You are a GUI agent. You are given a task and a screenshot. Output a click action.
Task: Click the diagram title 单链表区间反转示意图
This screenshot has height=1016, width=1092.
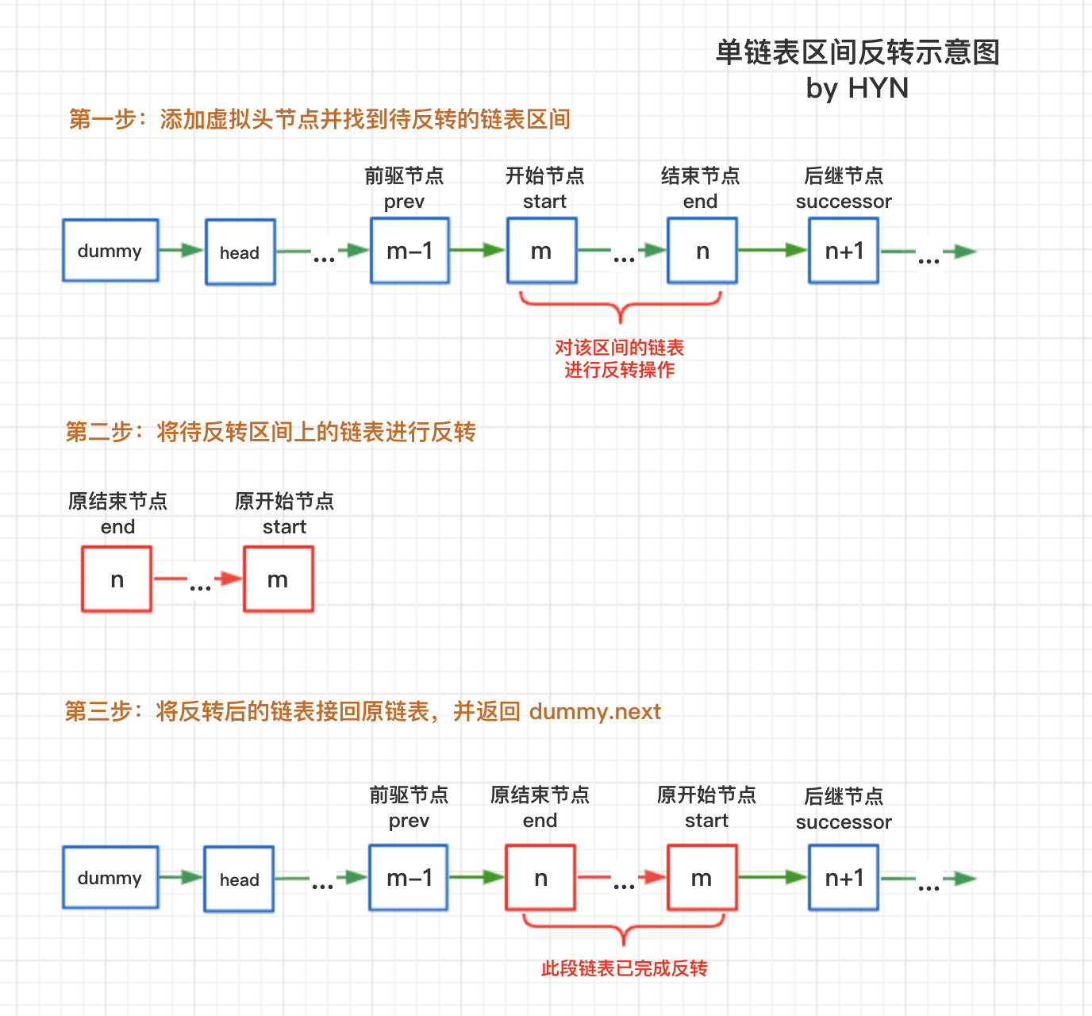[856, 53]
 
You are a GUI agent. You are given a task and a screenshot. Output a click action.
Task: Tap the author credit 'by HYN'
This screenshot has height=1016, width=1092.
[856, 88]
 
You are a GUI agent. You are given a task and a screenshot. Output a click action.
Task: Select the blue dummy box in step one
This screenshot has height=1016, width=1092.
[110, 250]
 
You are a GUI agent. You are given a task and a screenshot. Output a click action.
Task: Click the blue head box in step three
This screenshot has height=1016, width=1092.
[239, 879]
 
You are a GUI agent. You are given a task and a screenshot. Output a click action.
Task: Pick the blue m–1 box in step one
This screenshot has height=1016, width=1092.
[409, 250]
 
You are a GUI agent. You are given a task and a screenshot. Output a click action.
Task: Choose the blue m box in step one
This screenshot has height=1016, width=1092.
[541, 250]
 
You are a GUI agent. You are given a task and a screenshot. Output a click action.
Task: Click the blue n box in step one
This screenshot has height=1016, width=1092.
[702, 250]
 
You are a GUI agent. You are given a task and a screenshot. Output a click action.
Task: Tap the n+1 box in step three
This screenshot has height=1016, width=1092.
[844, 877]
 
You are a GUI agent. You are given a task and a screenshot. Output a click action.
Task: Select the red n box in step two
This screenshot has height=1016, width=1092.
[117, 579]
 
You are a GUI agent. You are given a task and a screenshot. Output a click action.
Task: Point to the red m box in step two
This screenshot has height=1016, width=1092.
[279, 579]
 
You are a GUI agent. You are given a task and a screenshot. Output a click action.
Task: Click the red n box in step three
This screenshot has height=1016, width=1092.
[540, 877]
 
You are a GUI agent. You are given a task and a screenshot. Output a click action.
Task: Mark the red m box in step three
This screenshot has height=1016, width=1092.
[702, 877]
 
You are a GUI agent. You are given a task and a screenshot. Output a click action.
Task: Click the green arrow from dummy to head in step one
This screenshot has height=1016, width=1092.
[182, 250]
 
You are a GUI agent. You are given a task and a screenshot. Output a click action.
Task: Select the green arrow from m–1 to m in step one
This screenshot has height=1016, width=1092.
[478, 250]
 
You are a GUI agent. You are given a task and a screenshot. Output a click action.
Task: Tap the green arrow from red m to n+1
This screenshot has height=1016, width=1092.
[772, 877]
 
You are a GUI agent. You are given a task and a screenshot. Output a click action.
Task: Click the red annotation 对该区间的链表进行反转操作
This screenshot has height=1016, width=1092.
[619, 359]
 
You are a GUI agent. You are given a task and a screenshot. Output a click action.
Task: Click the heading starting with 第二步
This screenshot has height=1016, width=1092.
[271, 432]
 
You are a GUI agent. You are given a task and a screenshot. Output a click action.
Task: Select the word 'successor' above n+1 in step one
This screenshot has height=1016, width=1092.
[844, 202]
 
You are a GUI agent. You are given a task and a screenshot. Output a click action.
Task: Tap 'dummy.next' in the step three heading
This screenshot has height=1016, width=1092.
[595, 711]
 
